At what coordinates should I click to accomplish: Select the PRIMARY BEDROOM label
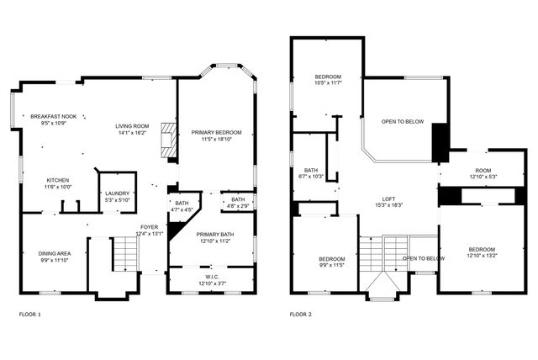coord(216,132)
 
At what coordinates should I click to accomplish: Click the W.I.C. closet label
coord(211,276)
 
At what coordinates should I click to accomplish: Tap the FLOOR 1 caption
coord(29,314)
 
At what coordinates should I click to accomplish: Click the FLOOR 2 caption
coord(300,314)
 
